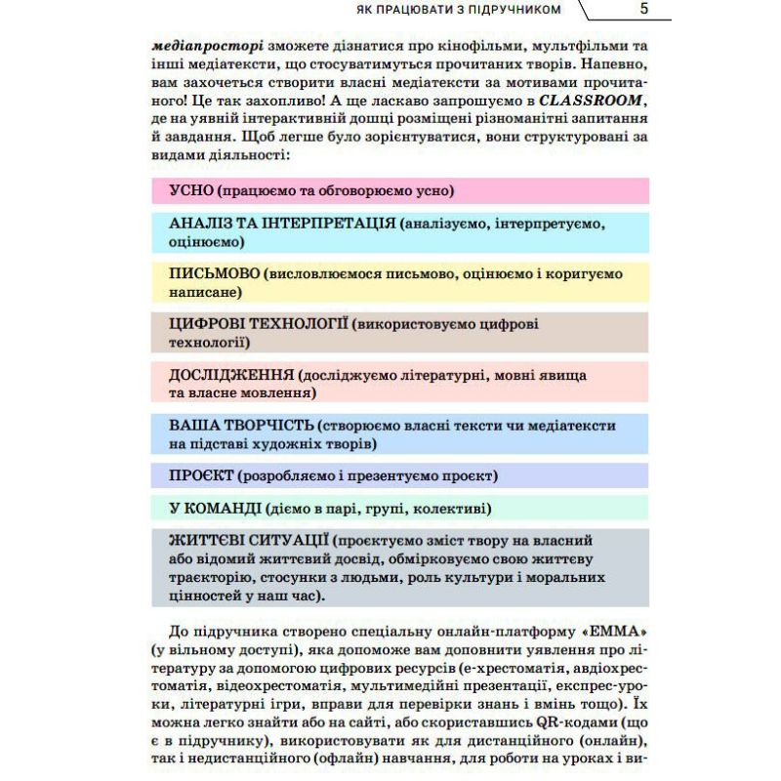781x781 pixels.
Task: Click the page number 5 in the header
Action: (643, 11)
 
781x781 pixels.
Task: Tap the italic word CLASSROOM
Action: (594, 101)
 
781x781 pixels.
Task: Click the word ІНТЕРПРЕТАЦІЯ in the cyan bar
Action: (323, 224)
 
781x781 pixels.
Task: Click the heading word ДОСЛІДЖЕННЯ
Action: (232, 375)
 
